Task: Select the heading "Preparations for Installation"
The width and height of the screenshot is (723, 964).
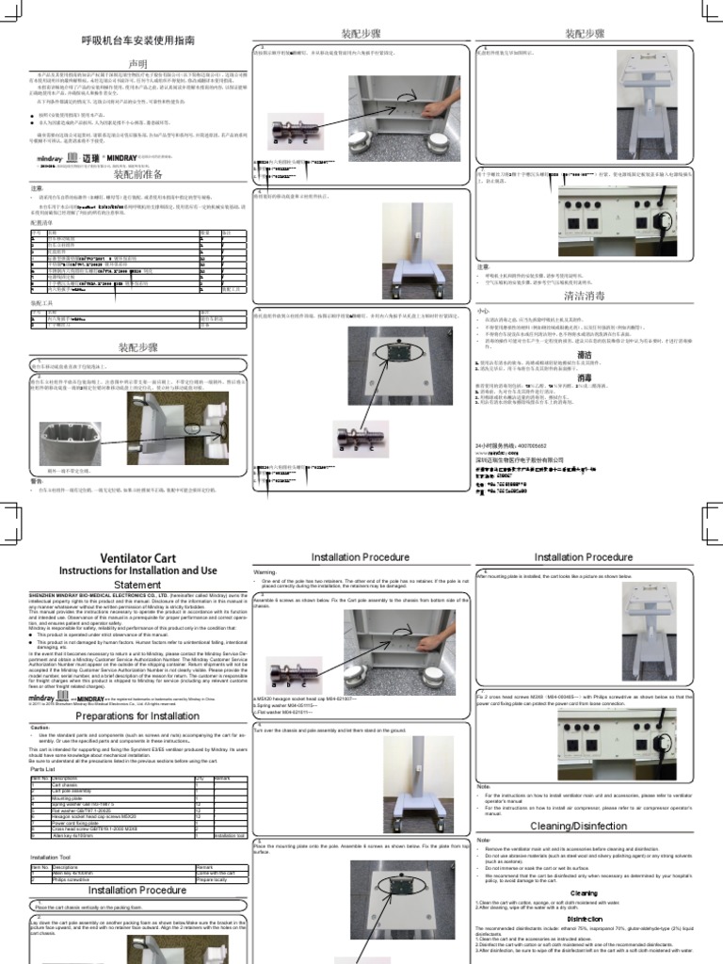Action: coord(137,715)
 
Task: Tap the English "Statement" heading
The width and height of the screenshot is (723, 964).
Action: coord(137,585)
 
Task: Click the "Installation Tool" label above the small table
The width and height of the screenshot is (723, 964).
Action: coord(52,858)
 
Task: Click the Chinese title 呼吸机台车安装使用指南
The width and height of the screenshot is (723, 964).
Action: coord(137,43)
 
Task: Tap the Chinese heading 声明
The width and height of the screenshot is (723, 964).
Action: coord(137,63)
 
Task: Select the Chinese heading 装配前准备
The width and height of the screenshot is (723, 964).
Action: coord(137,175)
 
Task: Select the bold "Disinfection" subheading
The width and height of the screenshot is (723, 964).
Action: coord(584,919)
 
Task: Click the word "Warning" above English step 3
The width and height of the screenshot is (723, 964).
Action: coord(265,571)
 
